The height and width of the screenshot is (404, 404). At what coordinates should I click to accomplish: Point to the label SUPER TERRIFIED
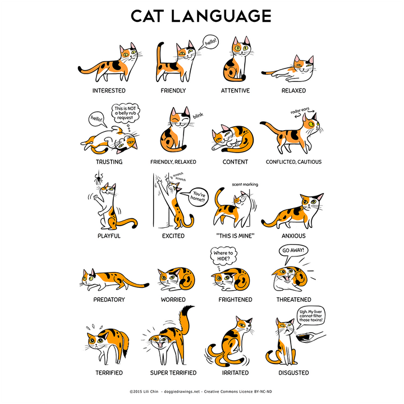173,373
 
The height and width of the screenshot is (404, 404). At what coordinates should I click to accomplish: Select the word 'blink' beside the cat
198,115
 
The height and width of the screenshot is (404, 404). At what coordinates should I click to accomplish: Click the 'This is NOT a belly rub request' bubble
125,113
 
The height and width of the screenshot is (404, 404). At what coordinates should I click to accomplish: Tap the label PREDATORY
109,300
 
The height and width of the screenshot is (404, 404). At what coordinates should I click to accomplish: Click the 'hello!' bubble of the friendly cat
210,42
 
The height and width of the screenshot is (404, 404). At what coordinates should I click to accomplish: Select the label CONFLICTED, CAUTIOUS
293,162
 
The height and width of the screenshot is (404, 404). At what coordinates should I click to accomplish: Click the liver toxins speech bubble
313,316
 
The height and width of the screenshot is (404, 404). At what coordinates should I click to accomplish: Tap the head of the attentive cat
242,47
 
